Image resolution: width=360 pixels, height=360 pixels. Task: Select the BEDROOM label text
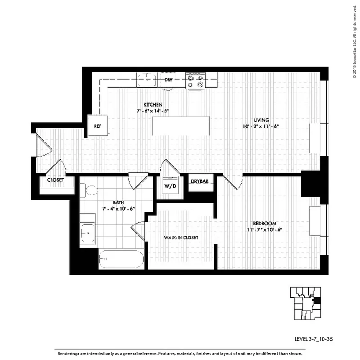click(x=264, y=223)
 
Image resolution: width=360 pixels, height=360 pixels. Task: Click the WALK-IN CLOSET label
click(x=181, y=237)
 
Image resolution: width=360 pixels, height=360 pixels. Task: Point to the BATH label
click(x=119, y=203)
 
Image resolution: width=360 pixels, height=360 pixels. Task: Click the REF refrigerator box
click(x=98, y=126)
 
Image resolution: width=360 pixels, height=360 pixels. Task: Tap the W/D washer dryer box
click(x=169, y=185)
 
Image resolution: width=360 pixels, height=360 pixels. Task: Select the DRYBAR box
click(x=199, y=182)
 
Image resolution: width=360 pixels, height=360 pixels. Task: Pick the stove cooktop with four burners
click(x=196, y=81)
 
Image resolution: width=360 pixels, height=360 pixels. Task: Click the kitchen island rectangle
click(x=181, y=126)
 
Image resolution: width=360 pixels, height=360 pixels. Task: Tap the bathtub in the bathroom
click(x=121, y=259)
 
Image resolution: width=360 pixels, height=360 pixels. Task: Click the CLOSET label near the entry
click(x=55, y=180)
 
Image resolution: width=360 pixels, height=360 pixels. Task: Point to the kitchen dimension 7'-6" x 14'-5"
click(x=153, y=110)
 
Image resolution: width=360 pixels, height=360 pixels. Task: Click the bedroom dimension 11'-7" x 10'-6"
click(x=264, y=229)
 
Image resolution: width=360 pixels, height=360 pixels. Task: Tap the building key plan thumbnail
click(x=305, y=302)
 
